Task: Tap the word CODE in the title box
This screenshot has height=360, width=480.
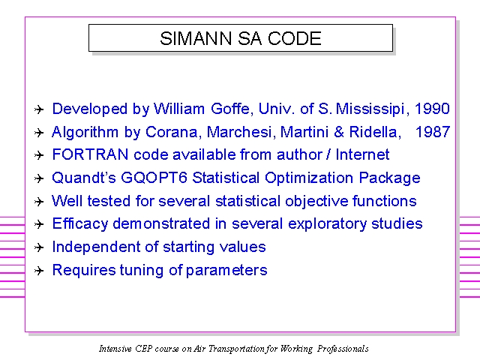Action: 295,38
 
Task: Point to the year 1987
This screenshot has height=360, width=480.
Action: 433,132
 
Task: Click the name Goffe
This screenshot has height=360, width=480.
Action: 232,109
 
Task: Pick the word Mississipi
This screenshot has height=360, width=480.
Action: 370,109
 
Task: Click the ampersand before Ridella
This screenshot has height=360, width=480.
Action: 339,132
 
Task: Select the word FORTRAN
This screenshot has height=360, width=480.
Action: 90,154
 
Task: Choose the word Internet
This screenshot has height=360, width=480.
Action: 362,154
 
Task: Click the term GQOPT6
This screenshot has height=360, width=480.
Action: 154,178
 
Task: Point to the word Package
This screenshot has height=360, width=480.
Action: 389,178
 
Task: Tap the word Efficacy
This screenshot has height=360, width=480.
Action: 80,224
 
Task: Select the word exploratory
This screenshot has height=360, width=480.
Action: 327,224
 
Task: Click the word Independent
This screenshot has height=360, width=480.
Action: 96,247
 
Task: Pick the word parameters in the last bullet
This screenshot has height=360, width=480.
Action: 226,271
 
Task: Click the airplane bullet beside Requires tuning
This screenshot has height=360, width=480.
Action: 39,271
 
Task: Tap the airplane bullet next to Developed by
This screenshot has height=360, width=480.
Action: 39,109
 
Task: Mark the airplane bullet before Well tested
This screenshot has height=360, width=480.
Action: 39,202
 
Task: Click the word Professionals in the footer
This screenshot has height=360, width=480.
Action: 343,349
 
